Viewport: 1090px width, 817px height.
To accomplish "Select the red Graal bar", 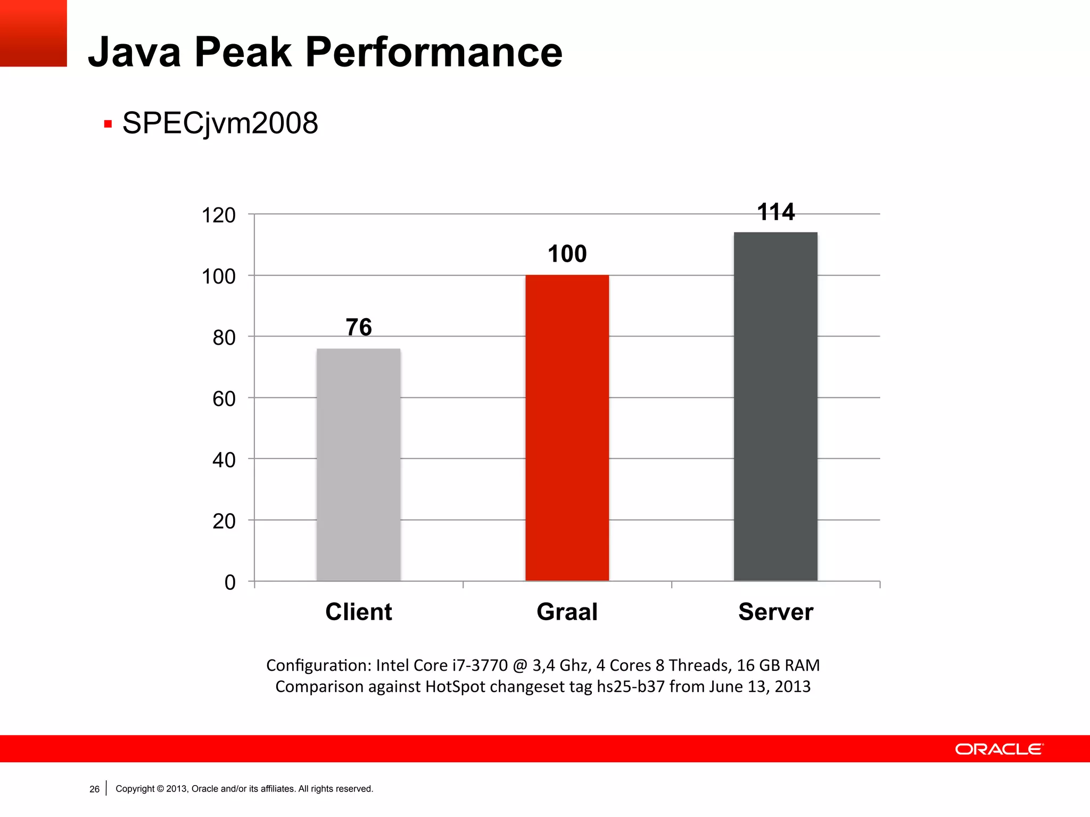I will click(567, 428).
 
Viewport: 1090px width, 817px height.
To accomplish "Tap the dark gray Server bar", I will click(775, 406).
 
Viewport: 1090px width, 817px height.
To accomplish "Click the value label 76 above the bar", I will click(359, 327).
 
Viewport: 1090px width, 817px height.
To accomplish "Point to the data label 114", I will click(775, 212).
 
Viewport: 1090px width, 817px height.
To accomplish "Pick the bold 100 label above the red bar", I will click(567, 254).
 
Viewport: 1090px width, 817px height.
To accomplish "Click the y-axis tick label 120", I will click(218, 215).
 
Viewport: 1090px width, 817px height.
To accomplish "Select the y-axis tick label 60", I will click(224, 399).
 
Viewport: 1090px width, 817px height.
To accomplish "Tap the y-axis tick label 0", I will click(230, 582).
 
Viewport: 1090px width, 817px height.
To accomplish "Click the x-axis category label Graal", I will click(567, 612).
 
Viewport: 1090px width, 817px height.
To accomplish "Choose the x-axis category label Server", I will click(775, 612).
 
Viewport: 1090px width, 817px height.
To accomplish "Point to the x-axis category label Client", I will click(359, 612).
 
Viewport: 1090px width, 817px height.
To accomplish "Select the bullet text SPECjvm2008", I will click(220, 123).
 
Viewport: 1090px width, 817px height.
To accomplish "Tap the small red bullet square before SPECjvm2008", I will click(108, 124).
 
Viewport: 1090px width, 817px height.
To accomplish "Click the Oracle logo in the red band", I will click(999, 749).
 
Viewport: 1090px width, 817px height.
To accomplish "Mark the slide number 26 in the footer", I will click(94, 789).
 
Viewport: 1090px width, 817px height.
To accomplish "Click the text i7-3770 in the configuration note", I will click(480, 665).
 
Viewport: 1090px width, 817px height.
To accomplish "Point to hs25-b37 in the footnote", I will click(631, 687).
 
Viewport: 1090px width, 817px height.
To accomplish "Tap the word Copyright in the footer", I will click(135, 789).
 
